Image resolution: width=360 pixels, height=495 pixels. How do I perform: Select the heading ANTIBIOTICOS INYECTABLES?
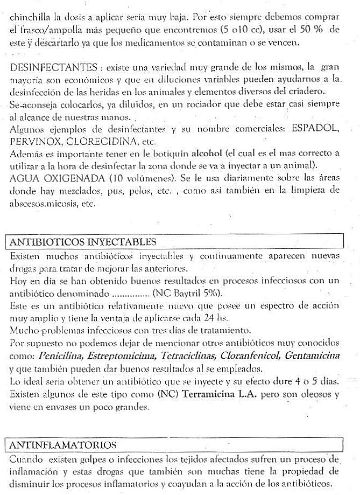[x=83, y=241]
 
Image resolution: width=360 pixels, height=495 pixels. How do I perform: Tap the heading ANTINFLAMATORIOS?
[x=63, y=445]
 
